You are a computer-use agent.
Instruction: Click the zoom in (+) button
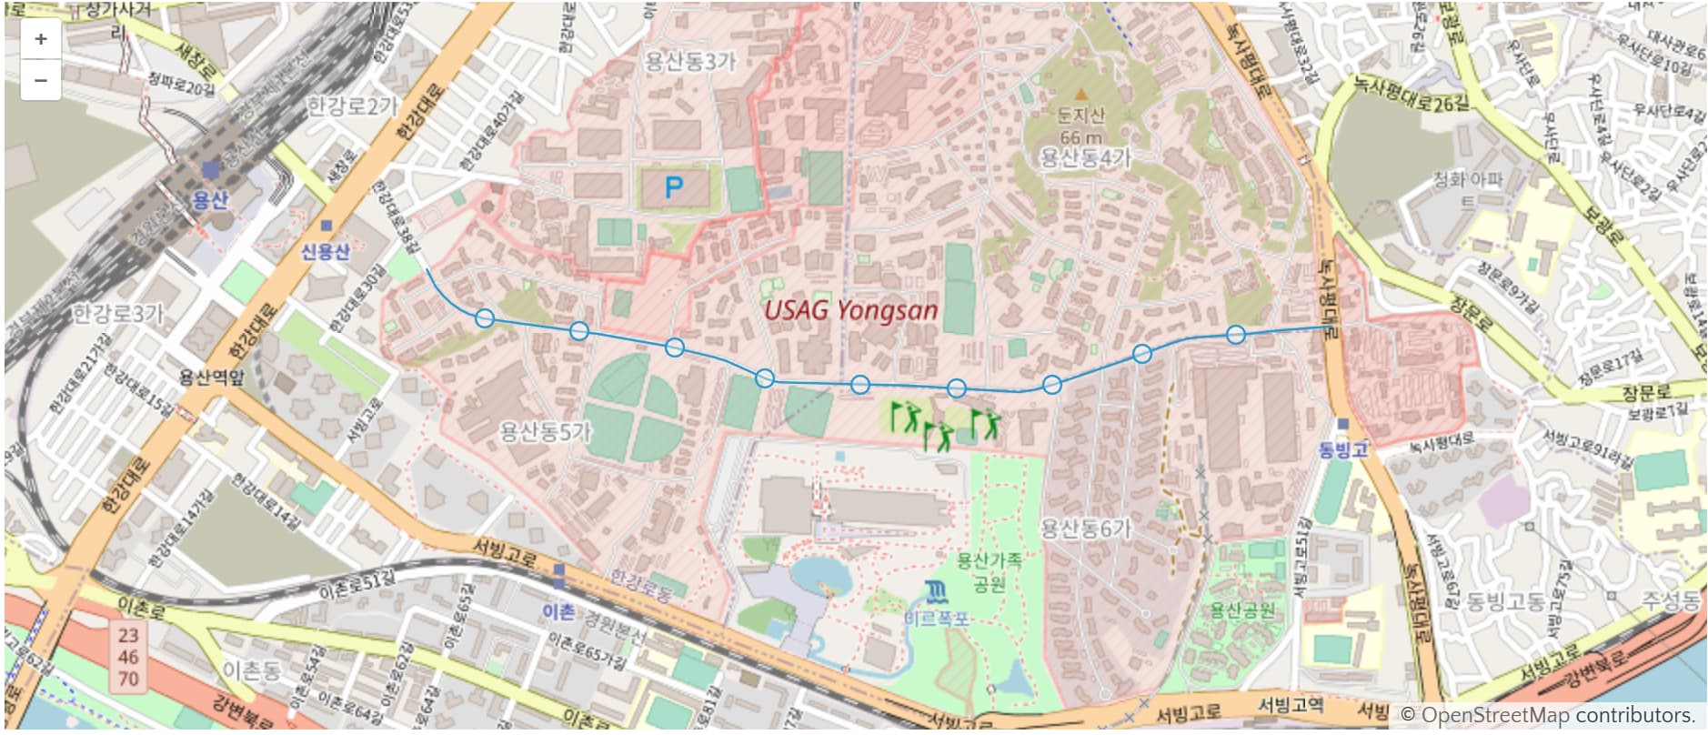point(40,39)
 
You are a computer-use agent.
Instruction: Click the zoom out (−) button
point(40,80)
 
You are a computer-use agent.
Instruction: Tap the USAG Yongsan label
point(850,310)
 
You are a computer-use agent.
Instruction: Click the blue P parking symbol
point(673,188)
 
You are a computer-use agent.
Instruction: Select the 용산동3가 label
point(689,62)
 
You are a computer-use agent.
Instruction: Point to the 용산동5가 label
point(546,431)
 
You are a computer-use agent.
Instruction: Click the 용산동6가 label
point(1085,529)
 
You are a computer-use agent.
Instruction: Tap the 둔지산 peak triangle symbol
point(1080,94)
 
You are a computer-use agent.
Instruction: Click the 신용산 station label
point(326,251)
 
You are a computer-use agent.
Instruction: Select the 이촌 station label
point(558,611)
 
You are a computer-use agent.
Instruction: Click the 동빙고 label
point(1342,449)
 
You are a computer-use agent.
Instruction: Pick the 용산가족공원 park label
point(989,571)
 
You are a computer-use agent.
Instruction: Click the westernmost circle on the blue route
point(485,317)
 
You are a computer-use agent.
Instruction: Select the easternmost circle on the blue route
point(1235,335)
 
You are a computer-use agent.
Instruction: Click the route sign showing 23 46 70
point(128,657)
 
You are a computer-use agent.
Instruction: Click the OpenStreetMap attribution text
point(1546,714)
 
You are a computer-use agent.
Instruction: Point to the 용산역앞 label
point(211,377)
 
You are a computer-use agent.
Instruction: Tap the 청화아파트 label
point(1468,189)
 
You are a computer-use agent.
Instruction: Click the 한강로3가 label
point(118,315)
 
